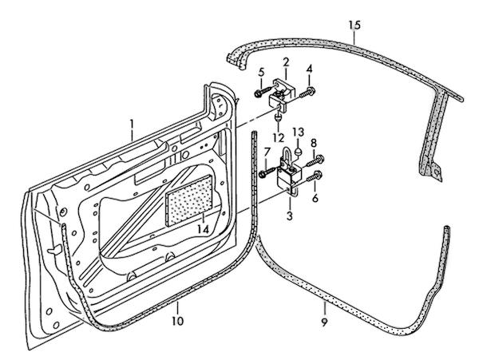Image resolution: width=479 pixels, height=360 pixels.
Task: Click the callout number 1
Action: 133,125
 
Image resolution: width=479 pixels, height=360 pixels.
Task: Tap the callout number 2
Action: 285,62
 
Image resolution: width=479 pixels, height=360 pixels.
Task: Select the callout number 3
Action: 290,216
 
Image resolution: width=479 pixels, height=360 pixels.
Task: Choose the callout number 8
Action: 314,144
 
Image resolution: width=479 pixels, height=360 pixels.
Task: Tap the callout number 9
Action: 325,307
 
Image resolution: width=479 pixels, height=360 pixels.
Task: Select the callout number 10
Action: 177,321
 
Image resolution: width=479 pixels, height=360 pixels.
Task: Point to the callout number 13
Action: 298,132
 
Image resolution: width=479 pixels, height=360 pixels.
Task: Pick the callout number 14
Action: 203,229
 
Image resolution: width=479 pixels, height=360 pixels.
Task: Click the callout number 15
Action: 354,26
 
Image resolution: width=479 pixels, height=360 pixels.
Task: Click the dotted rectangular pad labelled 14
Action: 190,200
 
